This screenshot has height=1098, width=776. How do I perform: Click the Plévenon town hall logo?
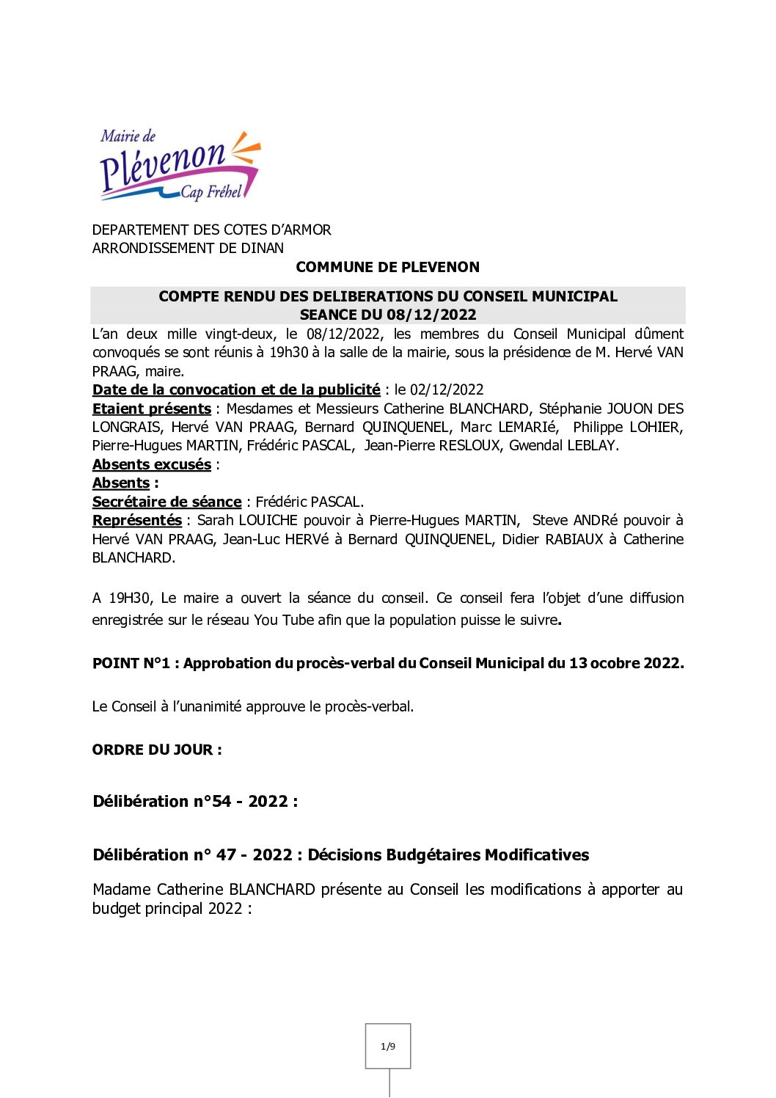point(180,166)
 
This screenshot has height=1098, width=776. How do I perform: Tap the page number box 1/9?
point(388,1046)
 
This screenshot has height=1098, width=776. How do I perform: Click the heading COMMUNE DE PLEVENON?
point(387,267)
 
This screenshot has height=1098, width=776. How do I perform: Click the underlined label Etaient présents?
point(152,409)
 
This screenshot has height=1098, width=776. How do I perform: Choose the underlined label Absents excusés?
point(152,464)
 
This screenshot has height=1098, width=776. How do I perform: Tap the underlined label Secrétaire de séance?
point(166,502)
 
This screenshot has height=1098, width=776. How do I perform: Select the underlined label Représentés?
point(137,520)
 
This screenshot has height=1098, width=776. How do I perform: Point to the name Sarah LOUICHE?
point(247,520)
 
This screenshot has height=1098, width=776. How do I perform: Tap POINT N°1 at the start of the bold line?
point(131,663)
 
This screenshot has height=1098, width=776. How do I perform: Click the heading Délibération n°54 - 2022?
point(195,801)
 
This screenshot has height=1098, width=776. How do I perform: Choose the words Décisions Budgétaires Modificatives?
point(448,854)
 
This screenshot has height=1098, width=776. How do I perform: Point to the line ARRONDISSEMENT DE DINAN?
point(188,248)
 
